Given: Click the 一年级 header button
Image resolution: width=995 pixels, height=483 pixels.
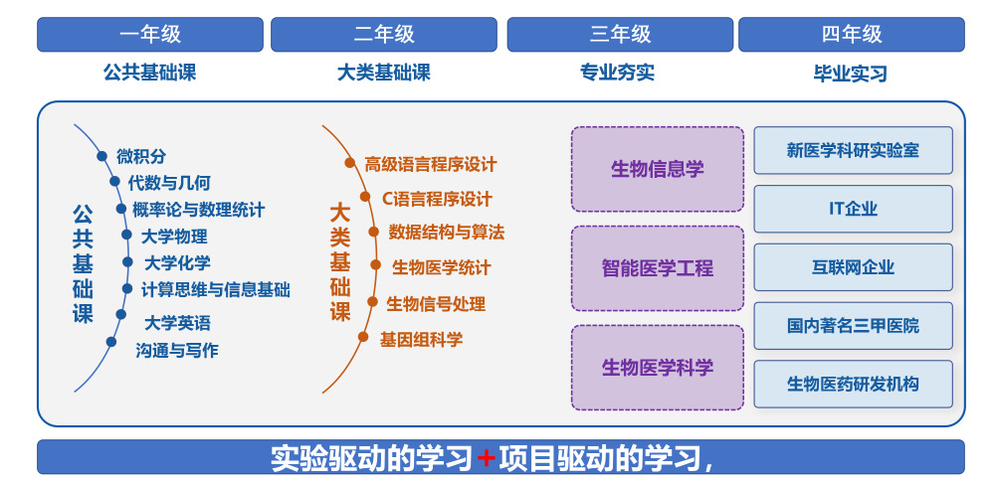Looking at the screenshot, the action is tap(150, 34).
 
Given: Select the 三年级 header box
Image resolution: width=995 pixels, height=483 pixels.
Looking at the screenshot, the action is tap(620, 34).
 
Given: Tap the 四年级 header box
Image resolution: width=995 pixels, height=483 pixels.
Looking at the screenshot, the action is tap(852, 34).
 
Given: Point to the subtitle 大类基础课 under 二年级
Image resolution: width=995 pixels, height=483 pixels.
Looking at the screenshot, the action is tap(384, 73).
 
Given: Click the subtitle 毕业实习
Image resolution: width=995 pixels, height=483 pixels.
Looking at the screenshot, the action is tap(851, 74).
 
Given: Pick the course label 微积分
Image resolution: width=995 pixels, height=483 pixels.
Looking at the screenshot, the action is tap(141, 156).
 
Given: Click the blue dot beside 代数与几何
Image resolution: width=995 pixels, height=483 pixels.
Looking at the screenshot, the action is tap(114, 182).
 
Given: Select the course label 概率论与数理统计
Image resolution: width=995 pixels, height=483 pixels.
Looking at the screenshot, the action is tap(199, 209).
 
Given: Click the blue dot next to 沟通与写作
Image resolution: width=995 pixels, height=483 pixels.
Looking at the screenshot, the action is tap(111, 342).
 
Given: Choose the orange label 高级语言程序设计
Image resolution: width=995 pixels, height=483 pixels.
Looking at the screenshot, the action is tap(431, 165).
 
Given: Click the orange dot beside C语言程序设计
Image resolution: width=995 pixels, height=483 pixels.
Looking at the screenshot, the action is tap(365, 197).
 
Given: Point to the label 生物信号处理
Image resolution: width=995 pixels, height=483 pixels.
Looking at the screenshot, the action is tap(436, 304).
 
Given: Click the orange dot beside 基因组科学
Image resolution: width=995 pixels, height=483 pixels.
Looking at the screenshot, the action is tap(363, 337).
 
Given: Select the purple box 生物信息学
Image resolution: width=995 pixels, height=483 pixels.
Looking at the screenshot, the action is tap(658, 169).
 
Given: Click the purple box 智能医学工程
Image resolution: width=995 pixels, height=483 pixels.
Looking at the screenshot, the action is tap(658, 268).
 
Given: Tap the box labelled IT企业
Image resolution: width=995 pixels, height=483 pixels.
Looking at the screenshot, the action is tap(854, 209).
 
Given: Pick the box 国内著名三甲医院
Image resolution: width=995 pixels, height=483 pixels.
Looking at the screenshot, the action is tap(854, 326).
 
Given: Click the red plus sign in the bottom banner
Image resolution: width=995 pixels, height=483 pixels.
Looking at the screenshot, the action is tap(487, 457).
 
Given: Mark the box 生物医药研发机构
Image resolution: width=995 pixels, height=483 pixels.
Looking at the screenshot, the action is tap(854, 385).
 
